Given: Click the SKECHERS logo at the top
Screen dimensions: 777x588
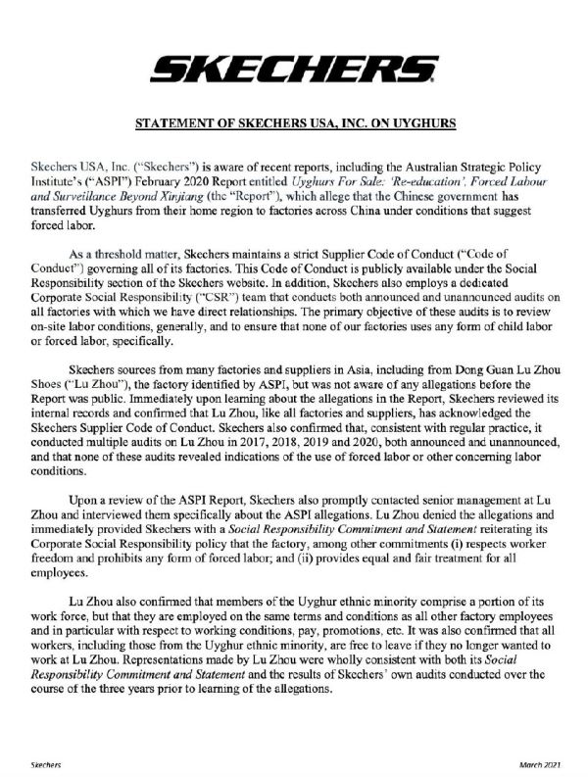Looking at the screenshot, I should point(294,69).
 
